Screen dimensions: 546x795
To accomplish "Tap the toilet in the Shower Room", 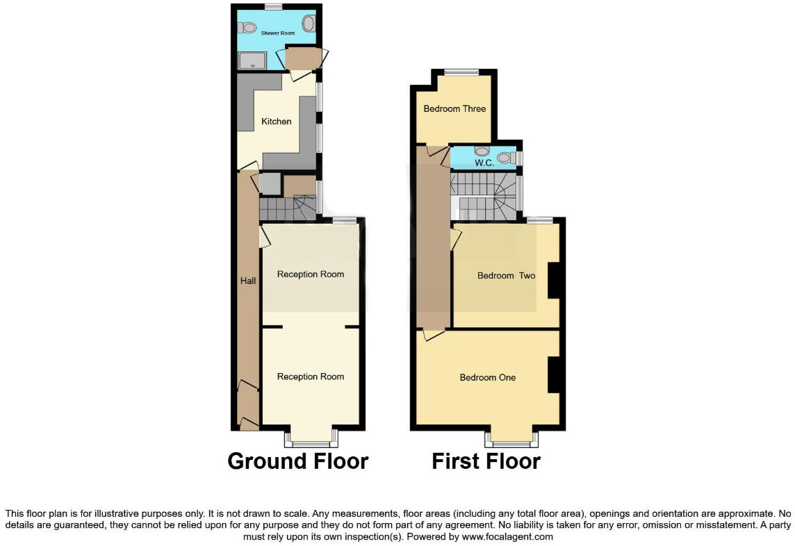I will pos(244,28).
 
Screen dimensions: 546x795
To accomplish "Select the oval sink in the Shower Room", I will pos(309,24).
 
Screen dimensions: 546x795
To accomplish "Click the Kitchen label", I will pos(276,122).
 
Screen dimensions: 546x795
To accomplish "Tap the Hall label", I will pos(248,281).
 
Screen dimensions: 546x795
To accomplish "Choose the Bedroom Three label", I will pos(454,108).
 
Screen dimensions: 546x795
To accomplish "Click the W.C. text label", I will pos(484,163).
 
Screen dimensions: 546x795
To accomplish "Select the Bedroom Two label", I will pos(506,276).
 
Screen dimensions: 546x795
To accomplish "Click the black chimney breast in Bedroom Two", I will pos(554,281).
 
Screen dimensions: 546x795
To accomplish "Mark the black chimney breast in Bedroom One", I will pos(554,375).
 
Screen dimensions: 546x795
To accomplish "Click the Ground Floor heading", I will pos(297,461).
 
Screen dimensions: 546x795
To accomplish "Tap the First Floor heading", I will pos(486,461).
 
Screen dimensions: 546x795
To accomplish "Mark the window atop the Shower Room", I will pos(273,7).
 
